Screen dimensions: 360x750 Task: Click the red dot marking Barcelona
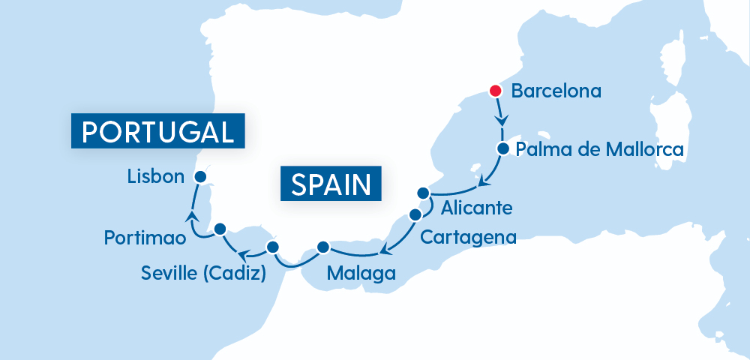[x=495, y=91]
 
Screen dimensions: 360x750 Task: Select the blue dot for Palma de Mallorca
[x=503, y=148]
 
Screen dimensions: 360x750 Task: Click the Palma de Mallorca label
[x=600, y=149]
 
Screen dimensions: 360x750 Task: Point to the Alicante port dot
[x=423, y=191]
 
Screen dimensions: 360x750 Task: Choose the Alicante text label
[x=477, y=207]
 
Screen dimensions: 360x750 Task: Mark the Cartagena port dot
[x=415, y=214]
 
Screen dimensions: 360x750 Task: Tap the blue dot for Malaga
[x=323, y=246]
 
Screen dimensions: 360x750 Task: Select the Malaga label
[x=361, y=273]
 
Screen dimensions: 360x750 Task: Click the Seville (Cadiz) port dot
[x=272, y=247]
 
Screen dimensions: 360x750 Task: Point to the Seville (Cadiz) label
[x=203, y=273]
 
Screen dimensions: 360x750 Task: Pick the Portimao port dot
[x=220, y=228]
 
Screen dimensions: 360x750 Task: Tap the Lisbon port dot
[x=200, y=176]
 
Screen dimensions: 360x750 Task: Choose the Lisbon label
[x=155, y=177]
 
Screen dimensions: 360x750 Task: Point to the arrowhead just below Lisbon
[x=192, y=216]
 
